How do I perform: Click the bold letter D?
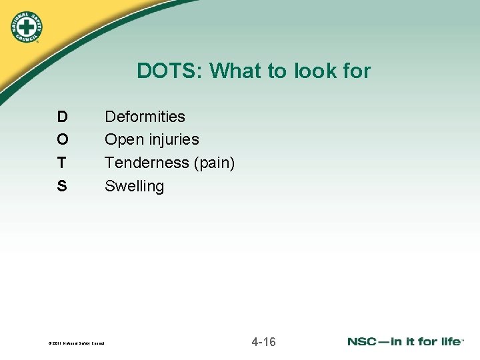[62, 117]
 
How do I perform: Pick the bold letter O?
[62, 140]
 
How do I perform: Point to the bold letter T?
[62, 163]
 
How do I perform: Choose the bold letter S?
[62, 186]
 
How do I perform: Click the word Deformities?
[145, 117]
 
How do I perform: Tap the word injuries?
[173, 140]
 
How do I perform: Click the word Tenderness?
[147, 163]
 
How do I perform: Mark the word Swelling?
[134, 186]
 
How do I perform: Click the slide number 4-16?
[263, 342]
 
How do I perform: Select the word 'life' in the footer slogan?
[449, 342]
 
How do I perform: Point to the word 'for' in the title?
[357, 71]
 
